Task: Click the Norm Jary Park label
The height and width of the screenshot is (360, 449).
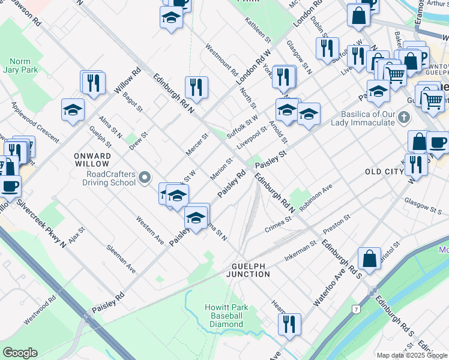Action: coord(24,66)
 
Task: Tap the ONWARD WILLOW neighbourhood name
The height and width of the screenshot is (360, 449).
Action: coord(92,160)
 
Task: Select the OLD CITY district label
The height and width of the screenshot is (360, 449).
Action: coord(385,172)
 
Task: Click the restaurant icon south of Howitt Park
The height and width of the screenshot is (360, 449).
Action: coord(289,324)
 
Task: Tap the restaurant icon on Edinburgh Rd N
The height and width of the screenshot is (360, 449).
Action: coord(196,87)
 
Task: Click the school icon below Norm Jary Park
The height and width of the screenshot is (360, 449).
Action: coord(73,110)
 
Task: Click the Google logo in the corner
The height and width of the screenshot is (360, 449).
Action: coord(20,353)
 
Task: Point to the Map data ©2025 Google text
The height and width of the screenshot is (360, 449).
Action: coord(411,355)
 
